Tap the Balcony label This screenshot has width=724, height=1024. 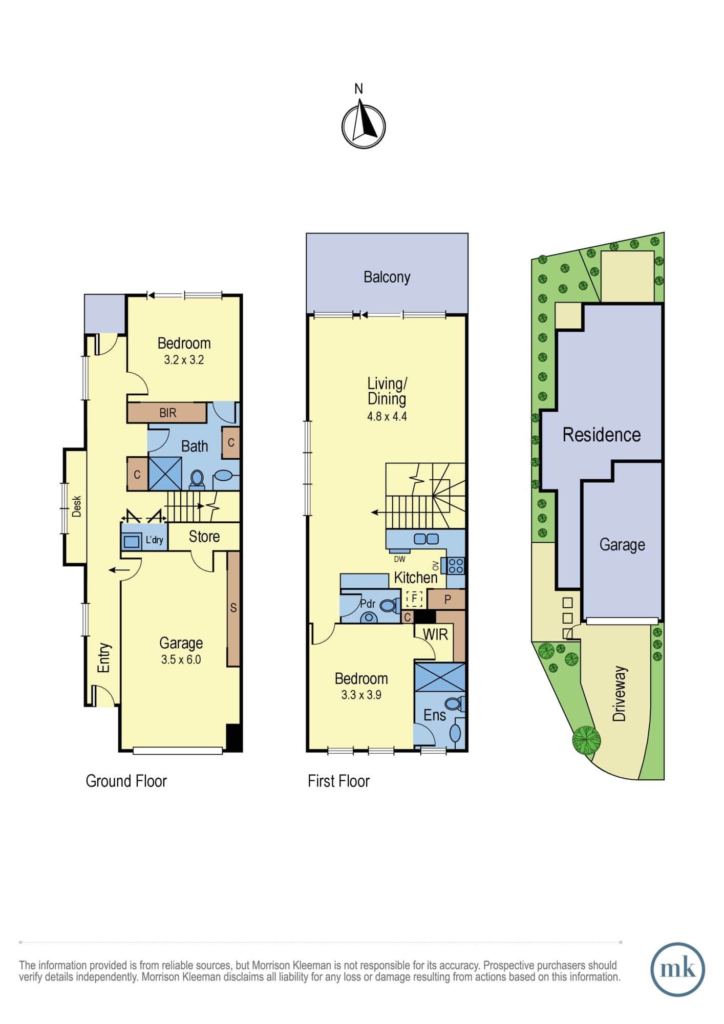387,277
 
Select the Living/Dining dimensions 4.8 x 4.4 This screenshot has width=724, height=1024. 387,416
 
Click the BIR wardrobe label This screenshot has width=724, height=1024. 167,413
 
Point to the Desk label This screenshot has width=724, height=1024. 77,506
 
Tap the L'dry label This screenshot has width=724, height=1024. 155,540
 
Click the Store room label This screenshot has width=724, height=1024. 204,537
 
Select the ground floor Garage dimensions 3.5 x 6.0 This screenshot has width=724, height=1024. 181,659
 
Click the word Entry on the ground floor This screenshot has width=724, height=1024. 104,658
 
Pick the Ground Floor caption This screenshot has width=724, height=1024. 126,781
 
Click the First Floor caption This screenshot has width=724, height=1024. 338,781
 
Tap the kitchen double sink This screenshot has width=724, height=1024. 426,539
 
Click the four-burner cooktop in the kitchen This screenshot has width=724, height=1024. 456,566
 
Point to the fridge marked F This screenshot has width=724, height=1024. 414,598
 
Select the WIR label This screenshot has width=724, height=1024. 436,634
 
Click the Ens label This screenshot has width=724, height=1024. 435,715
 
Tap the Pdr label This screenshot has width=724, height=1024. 368,604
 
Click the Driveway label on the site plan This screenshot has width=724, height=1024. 620,694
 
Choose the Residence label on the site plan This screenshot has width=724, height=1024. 602,435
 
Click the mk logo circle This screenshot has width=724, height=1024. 677,969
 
